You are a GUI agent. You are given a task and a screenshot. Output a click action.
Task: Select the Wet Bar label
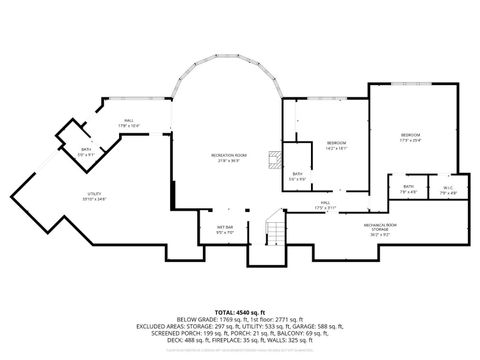point(225,229)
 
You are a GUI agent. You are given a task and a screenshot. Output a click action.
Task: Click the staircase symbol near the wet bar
point(270,234)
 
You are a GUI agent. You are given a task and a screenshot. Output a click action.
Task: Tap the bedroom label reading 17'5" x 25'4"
point(411,137)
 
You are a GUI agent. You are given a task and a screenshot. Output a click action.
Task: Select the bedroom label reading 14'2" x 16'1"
point(336,147)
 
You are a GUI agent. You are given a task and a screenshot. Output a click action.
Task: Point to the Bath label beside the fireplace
point(297,176)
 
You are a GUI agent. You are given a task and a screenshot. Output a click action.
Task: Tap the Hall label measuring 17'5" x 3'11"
point(325,205)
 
